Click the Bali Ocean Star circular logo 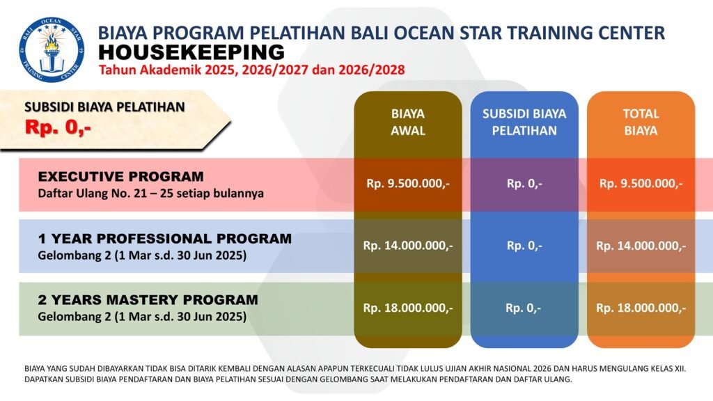coord(52,49)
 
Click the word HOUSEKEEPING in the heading coord(191,52)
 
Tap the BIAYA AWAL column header coord(408,122)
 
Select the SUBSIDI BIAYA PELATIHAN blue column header coord(524,122)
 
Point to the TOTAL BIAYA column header coord(641,122)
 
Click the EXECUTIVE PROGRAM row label coord(121,176)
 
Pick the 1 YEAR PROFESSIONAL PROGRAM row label coord(164,238)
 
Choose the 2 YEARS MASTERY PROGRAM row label coord(148,300)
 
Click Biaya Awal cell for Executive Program coord(408,184)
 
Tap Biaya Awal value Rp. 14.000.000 coord(408,246)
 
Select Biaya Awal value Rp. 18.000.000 coord(408,308)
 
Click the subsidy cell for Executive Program coord(524,184)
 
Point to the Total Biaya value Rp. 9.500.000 coord(641,184)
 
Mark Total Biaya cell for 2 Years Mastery coord(641,308)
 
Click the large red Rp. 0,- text coord(58,127)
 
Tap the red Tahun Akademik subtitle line coord(252,70)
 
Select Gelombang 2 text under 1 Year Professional coord(142,255)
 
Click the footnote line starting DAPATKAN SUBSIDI coord(298,379)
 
